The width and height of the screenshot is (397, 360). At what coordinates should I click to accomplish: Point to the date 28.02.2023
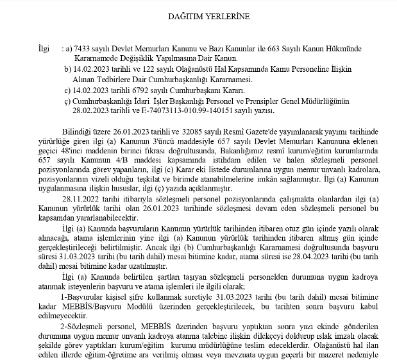[94, 111]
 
